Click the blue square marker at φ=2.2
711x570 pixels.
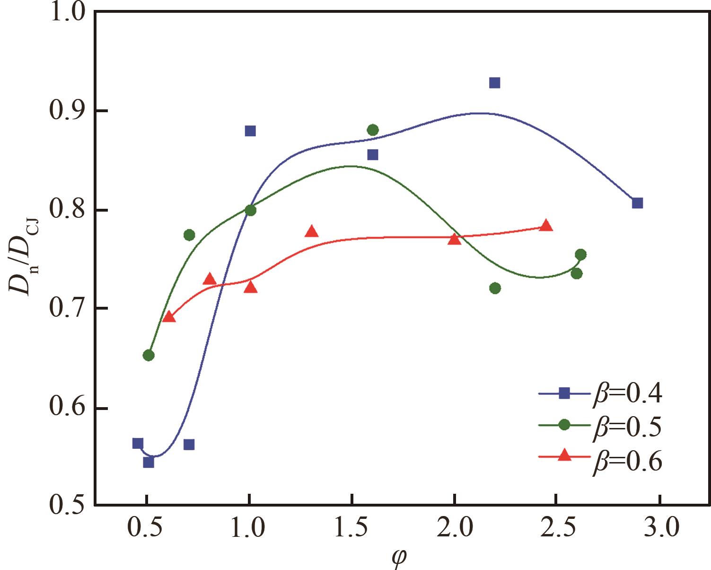pyautogui.click(x=495, y=83)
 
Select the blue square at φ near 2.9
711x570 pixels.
pyautogui.click(x=638, y=203)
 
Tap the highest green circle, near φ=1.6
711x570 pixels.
pyautogui.click(x=373, y=130)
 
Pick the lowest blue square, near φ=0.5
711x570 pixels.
pyautogui.click(x=149, y=462)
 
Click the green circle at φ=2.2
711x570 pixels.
pyautogui.click(x=495, y=288)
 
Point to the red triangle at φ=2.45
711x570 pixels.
pyautogui.click(x=546, y=225)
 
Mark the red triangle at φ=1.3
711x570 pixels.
pyautogui.click(x=311, y=232)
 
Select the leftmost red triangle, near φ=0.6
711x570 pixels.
pyautogui.click(x=169, y=317)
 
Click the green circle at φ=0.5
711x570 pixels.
pyautogui.click(x=149, y=355)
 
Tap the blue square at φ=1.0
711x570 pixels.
pyautogui.click(x=250, y=131)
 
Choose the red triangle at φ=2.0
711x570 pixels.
pyautogui.click(x=454, y=239)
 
